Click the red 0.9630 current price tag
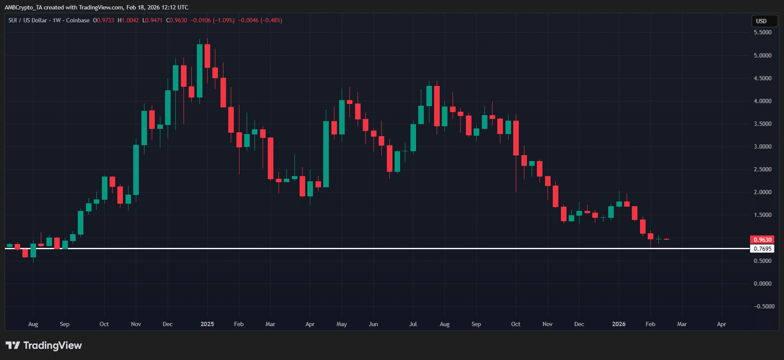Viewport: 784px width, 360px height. [762, 240]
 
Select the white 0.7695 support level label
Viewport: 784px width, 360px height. [762, 249]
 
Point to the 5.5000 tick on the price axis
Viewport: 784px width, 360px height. [762, 32]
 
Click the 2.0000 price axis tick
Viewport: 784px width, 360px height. [762, 192]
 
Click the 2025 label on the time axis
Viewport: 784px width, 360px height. [207, 324]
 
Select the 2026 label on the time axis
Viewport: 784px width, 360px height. [619, 324]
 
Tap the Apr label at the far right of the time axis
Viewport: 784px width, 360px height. [721, 324]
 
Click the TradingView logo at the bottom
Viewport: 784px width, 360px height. [44, 345]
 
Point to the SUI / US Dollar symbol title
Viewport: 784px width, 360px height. [27, 21]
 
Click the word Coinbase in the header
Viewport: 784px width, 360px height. [78, 21]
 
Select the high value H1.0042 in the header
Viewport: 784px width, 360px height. [128, 21]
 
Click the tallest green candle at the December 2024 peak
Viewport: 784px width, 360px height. [199, 71]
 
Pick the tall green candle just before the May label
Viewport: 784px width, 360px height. [326, 154]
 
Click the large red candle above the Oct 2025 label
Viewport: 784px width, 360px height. [516, 138]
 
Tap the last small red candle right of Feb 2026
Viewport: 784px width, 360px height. [666, 239]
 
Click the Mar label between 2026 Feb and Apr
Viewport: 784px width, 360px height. [682, 324]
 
